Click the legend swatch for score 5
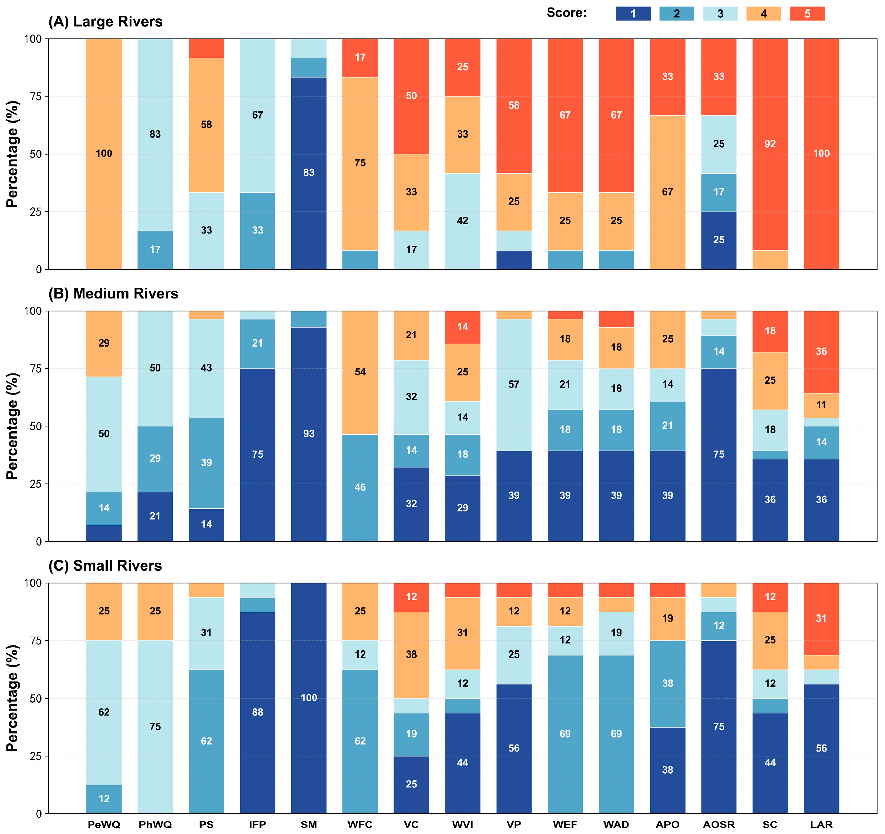(807, 14)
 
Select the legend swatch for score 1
(633, 14)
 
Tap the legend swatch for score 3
(720, 14)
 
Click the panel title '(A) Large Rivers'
(105, 21)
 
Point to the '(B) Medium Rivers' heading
(114, 293)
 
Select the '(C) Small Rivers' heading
(105, 566)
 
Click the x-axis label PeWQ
(104, 825)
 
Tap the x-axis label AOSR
(719, 825)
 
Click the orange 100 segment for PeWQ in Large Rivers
(104, 154)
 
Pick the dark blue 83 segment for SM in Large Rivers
(309, 173)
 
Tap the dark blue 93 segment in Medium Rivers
(309, 434)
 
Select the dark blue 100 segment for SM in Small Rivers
(309, 698)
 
